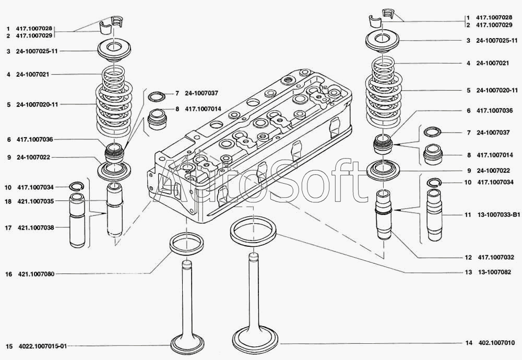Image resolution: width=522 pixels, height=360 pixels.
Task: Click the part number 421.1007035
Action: pyautogui.click(x=36, y=201)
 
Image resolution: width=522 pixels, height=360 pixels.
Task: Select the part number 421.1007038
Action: pyautogui.click(x=36, y=227)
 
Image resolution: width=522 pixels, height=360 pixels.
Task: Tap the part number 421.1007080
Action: pyautogui.click(x=36, y=273)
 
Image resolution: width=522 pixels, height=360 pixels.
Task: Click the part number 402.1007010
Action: pyautogui.click(x=496, y=343)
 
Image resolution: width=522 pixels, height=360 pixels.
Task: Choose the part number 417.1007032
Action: pyautogui.click(x=496, y=257)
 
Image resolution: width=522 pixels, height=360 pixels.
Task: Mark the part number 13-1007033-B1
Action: pyautogui.click(x=499, y=215)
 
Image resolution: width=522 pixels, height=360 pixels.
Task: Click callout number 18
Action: pyautogui.click(x=8, y=201)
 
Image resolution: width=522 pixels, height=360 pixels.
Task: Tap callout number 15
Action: pyautogui.click(x=8, y=345)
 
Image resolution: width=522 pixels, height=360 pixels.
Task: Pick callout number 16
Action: pyautogui.click(x=8, y=273)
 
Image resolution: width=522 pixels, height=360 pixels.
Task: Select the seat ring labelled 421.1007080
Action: pyautogui.click(x=185, y=243)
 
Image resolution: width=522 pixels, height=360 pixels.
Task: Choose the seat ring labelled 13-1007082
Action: pyautogui.click(x=253, y=230)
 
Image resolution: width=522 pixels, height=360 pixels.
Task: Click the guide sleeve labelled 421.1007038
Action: pyautogui.click(x=77, y=221)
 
